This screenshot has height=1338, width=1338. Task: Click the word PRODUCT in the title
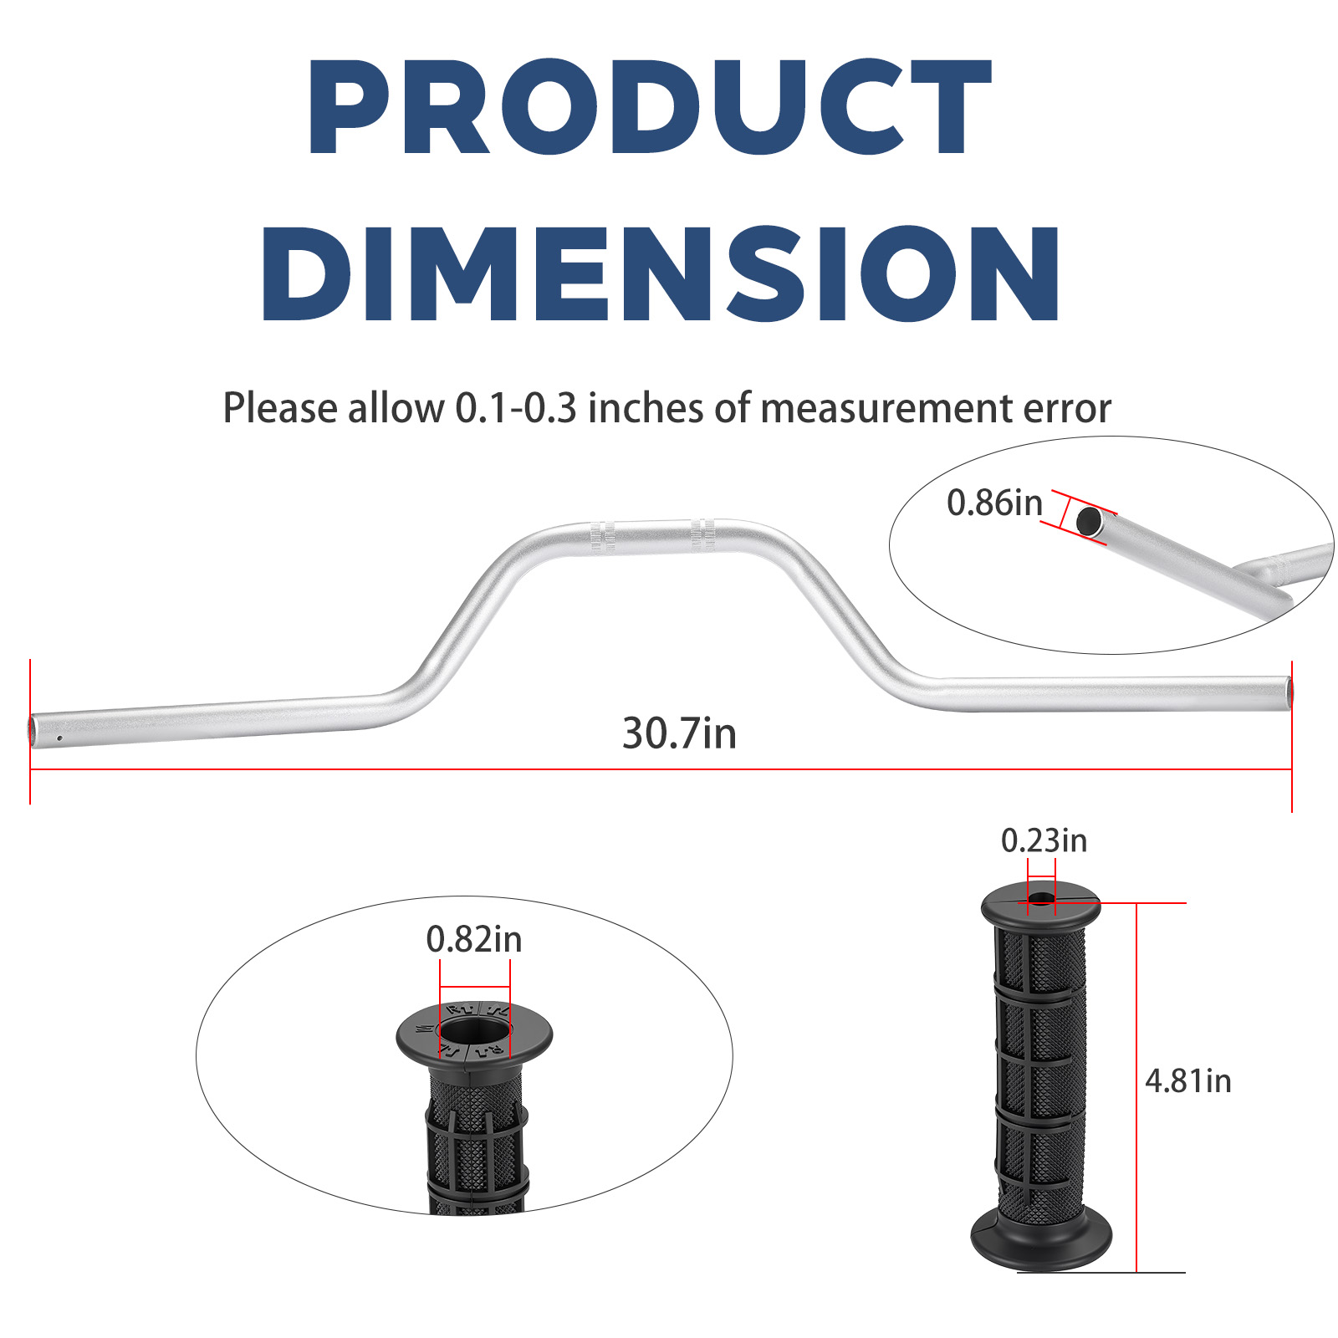[x=650, y=107]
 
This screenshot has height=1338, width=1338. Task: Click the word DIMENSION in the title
[x=661, y=273]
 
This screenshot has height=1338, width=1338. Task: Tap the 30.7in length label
[x=679, y=733]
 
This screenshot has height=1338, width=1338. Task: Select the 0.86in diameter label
[x=994, y=503]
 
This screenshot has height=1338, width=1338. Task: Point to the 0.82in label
[x=474, y=939]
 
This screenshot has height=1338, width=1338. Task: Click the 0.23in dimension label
[x=1044, y=840]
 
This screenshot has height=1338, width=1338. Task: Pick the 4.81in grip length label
[x=1187, y=1080]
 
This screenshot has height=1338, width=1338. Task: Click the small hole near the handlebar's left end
[x=59, y=738]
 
